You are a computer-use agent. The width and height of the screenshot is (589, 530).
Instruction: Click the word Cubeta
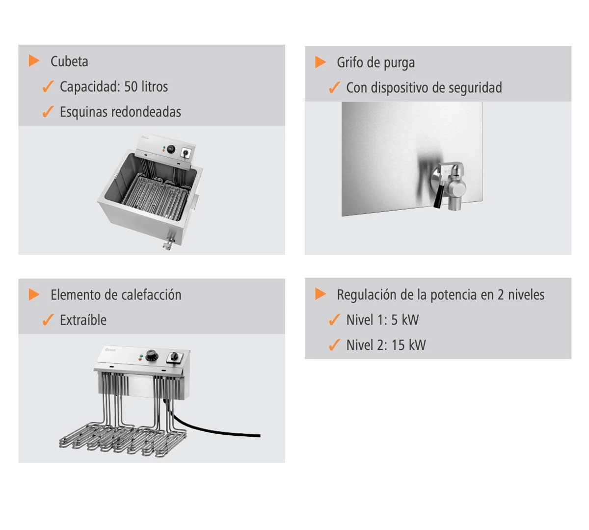pyautogui.click(x=69, y=61)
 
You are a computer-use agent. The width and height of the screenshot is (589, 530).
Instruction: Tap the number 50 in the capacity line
pyautogui.click(x=131, y=87)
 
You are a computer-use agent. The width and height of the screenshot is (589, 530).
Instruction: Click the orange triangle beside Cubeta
pyautogui.click(x=34, y=61)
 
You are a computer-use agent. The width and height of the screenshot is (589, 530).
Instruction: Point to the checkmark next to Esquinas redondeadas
pyautogui.click(x=48, y=111)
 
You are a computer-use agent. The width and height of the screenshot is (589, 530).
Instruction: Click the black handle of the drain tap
pyautogui.click(x=438, y=196)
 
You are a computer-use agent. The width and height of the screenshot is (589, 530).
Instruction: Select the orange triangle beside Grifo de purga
pyautogui.click(x=321, y=62)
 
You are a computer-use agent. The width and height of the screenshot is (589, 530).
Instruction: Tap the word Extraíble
pyautogui.click(x=83, y=320)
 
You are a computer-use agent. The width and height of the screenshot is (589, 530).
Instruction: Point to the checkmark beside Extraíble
pyautogui.click(x=48, y=320)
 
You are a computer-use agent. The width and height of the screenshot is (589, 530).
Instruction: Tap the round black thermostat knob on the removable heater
pyautogui.click(x=152, y=356)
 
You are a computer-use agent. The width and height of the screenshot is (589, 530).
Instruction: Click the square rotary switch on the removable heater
pyautogui.click(x=175, y=357)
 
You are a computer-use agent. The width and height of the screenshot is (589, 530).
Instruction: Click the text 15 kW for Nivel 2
pyautogui.click(x=408, y=345)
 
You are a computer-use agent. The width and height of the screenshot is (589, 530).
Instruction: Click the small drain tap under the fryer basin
pyautogui.click(x=168, y=241)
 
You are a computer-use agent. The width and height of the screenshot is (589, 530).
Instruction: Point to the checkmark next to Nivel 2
pyautogui.click(x=334, y=345)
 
